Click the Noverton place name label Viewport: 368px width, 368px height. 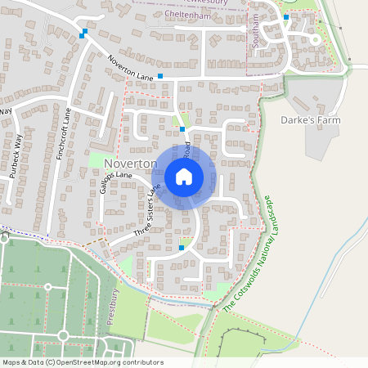tap(130, 164)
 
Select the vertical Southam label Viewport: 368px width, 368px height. tap(256, 34)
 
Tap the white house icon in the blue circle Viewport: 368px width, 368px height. tap(184, 176)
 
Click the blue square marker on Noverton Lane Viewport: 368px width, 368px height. tap(160, 76)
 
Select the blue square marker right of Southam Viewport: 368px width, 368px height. tap(285, 16)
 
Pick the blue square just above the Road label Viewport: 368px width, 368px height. tap(182, 128)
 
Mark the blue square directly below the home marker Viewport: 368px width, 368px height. tap(181, 247)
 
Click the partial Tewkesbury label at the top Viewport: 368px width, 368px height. tap(213, 2)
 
